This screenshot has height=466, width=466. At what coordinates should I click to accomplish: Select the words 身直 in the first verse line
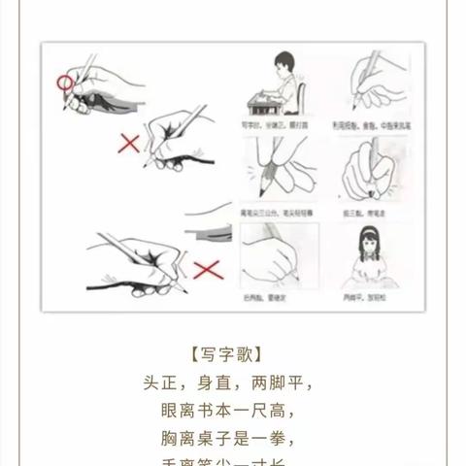pyautogui.click(x=222, y=382)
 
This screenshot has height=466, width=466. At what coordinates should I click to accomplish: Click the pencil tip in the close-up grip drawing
pyautogui.click(x=273, y=185)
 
